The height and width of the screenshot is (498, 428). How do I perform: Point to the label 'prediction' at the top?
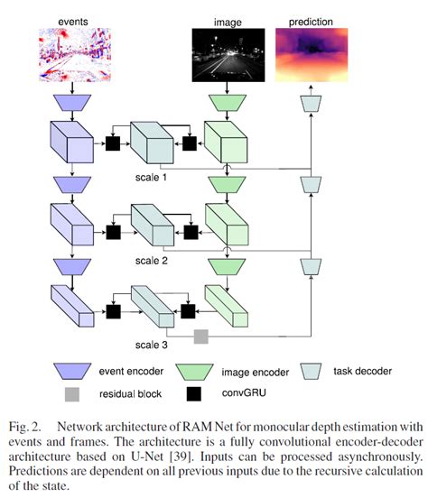click(x=310, y=19)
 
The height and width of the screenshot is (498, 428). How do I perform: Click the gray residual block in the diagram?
click(x=201, y=337)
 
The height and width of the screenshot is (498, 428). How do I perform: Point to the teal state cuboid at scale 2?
click(x=151, y=226)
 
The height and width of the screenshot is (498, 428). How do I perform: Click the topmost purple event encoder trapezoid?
click(x=70, y=101)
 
